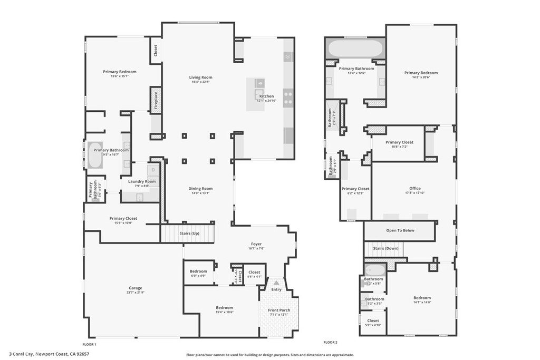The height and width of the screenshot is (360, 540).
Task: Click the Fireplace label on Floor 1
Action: [x=156, y=100]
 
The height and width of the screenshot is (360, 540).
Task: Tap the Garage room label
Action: [x=135, y=288]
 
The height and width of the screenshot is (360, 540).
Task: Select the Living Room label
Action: [x=200, y=77]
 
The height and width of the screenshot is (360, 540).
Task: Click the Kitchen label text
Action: [x=266, y=96]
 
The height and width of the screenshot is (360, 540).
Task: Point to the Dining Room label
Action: [x=200, y=189]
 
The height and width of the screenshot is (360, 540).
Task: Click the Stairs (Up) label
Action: [x=189, y=233]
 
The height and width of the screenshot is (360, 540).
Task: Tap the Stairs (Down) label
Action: [x=385, y=248]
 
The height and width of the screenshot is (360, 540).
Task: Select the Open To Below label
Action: [x=400, y=230]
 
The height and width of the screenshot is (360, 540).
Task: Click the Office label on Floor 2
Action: [x=414, y=189]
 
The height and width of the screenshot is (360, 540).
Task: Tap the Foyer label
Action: [x=256, y=244]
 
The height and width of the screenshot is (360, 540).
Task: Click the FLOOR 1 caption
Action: [x=89, y=343]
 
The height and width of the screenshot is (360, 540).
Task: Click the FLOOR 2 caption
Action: [x=330, y=342]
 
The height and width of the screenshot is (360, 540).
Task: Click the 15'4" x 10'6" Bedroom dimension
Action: [x=224, y=313]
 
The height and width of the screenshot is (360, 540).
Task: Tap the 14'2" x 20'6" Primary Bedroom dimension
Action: [x=421, y=77]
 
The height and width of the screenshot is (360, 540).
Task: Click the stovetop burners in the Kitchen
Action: [x=288, y=98]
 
